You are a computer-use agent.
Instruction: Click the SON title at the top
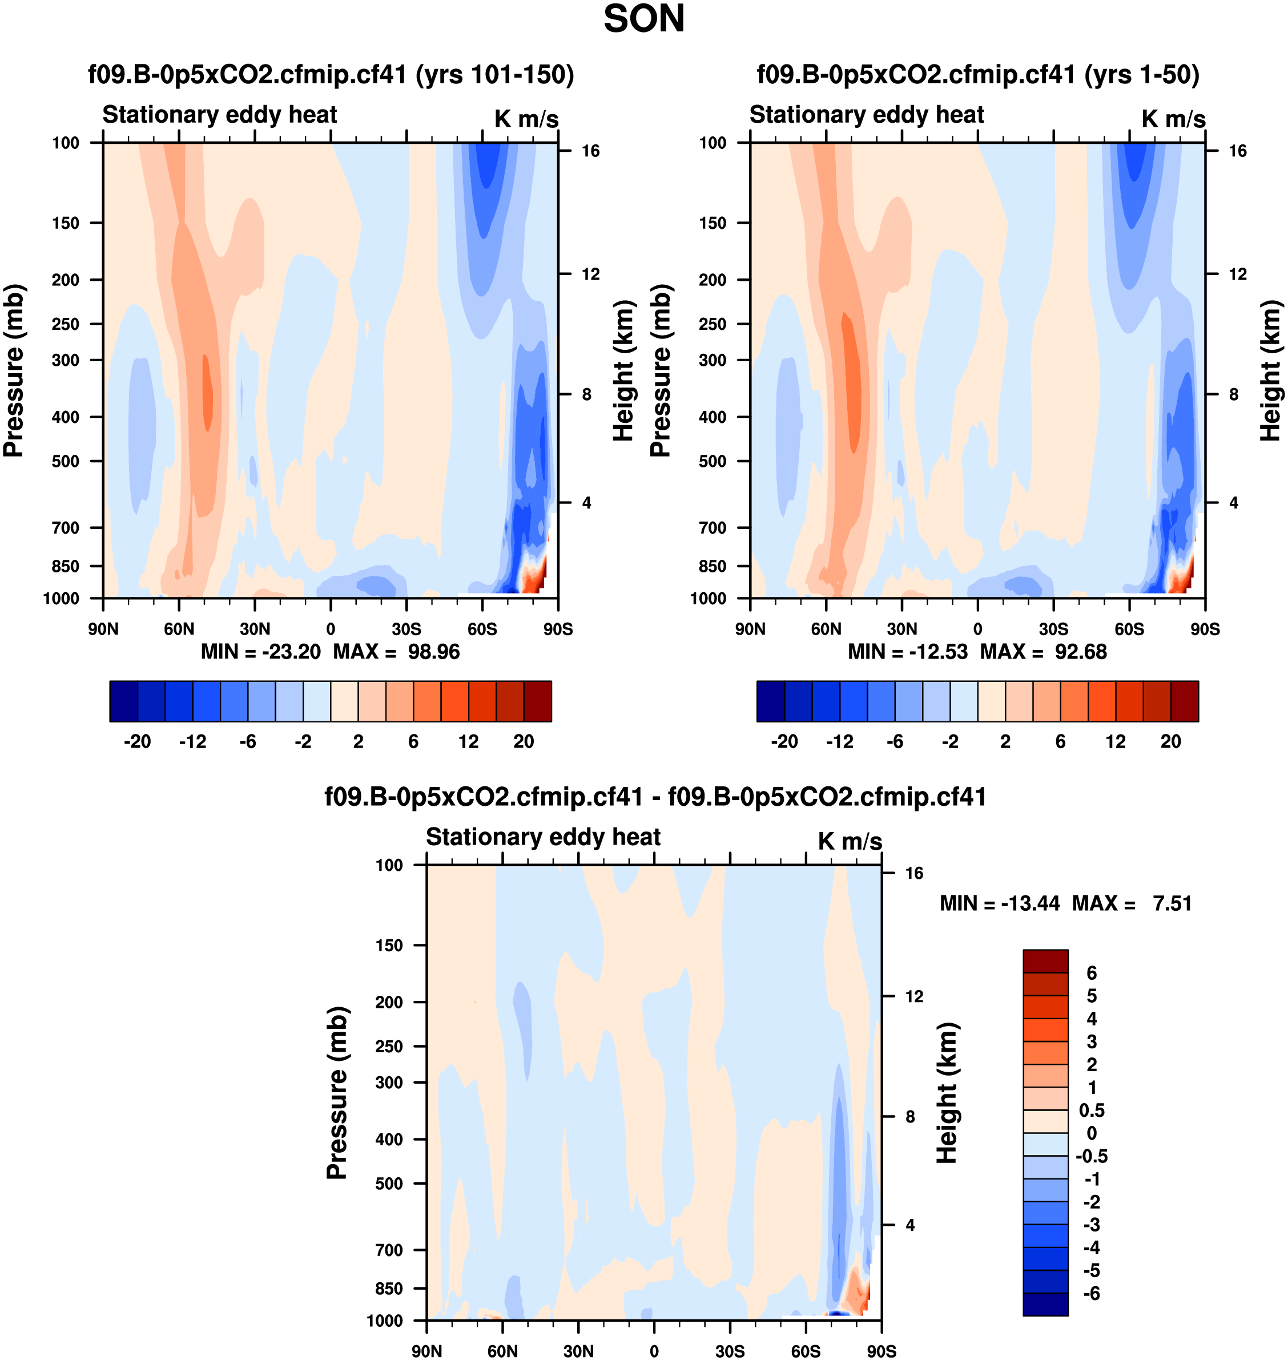coord(643,19)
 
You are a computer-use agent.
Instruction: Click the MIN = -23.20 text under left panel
coord(260,651)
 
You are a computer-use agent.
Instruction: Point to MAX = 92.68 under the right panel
coord(1043,651)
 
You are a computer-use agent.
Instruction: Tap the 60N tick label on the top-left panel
coord(179,629)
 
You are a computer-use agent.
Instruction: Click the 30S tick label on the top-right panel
coord(1053,629)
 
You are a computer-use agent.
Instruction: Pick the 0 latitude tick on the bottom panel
coord(654,1351)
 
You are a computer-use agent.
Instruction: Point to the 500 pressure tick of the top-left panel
coord(66,461)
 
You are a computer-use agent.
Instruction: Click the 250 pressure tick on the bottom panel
coord(389,1046)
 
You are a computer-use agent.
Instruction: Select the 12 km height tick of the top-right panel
coord(1237,274)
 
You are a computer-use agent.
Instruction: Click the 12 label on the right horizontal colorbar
coord(1115,741)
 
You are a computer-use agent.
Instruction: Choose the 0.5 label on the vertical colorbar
coord(1091,1110)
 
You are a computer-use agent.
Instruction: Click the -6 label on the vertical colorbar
coord(1091,1293)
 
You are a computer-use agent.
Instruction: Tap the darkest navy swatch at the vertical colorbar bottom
coord(1045,1304)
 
